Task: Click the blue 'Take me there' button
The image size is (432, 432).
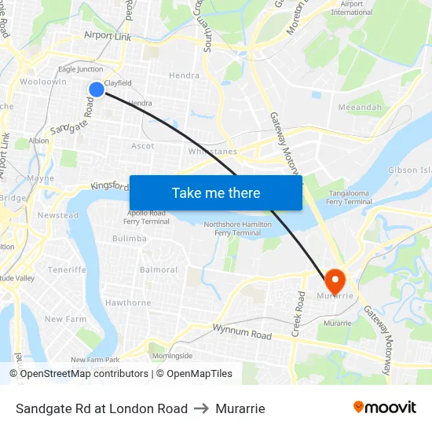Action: (216, 192)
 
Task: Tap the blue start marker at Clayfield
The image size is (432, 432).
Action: (96, 90)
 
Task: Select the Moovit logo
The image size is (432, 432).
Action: (385, 408)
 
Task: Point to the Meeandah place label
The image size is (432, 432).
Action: (359, 107)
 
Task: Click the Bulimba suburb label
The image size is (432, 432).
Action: (130, 238)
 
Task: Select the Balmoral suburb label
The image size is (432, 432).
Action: (159, 269)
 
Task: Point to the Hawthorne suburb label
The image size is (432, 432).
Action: (128, 302)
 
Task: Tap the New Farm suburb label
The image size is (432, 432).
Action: (65, 319)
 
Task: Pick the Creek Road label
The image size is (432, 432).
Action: (298, 314)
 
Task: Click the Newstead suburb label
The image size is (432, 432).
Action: (58, 215)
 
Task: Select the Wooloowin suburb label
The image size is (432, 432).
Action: (42, 82)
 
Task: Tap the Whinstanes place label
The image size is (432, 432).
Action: (213, 152)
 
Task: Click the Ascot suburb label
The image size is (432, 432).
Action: (143, 146)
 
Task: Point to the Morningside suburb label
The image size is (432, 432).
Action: (172, 355)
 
